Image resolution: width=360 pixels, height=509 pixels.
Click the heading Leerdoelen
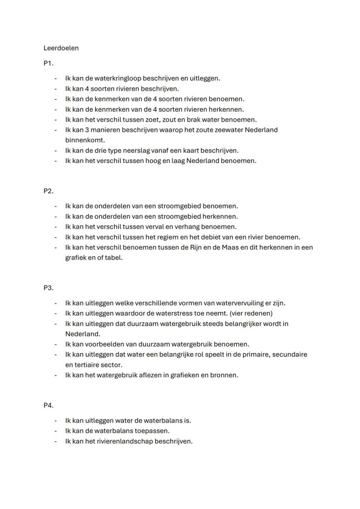pos(61,48)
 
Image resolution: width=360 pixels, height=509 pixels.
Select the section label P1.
pos(48,63)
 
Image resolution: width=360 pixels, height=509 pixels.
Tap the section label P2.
pos(48,191)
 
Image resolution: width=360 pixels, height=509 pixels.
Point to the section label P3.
pos(48,288)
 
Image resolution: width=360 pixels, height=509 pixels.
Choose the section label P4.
pos(48,406)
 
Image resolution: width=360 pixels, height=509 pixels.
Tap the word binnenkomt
pos(85,140)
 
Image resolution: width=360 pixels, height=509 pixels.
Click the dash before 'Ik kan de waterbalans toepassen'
pos(56,431)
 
